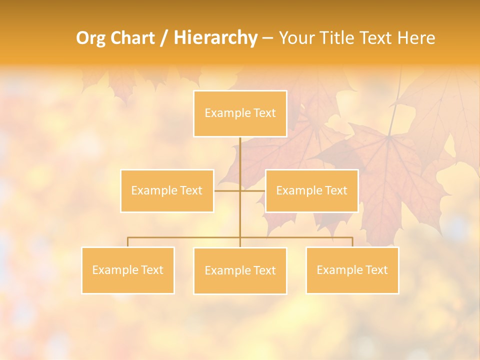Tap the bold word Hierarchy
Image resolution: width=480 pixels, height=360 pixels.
point(215,38)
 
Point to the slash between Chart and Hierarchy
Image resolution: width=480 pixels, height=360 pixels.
point(164,38)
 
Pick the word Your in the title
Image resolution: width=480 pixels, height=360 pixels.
point(296,38)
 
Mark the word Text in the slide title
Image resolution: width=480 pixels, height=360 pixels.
point(376,38)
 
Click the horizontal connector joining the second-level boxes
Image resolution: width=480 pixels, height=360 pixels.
point(227,190)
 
